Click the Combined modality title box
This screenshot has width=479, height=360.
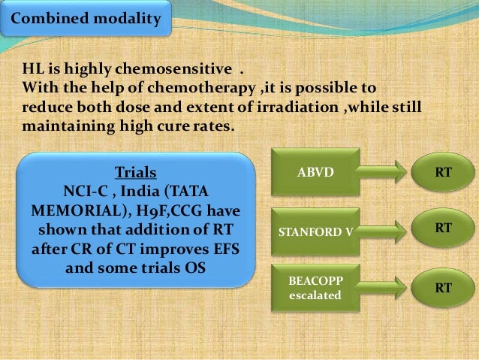(x=86, y=18)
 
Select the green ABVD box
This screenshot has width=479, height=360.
(x=315, y=172)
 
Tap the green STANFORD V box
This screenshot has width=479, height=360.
(x=315, y=231)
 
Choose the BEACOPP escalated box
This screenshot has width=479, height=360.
(x=315, y=288)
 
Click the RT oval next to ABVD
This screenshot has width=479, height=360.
(x=443, y=172)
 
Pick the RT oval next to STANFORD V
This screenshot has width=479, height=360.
(x=443, y=228)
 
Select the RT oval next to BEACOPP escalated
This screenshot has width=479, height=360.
(x=443, y=288)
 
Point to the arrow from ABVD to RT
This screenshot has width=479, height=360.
(x=382, y=172)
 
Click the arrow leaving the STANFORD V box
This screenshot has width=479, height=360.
(x=382, y=231)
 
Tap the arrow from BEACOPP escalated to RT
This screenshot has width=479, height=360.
(x=382, y=288)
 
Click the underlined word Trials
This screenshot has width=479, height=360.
(x=136, y=172)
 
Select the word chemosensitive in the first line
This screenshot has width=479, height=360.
(x=173, y=68)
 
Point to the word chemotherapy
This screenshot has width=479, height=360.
(x=201, y=88)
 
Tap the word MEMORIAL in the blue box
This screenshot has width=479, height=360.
(x=77, y=211)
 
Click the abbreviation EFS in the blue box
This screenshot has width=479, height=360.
(x=227, y=249)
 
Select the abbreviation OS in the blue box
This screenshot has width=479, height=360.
(x=195, y=268)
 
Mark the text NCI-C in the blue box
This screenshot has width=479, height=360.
(x=86, y=192)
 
